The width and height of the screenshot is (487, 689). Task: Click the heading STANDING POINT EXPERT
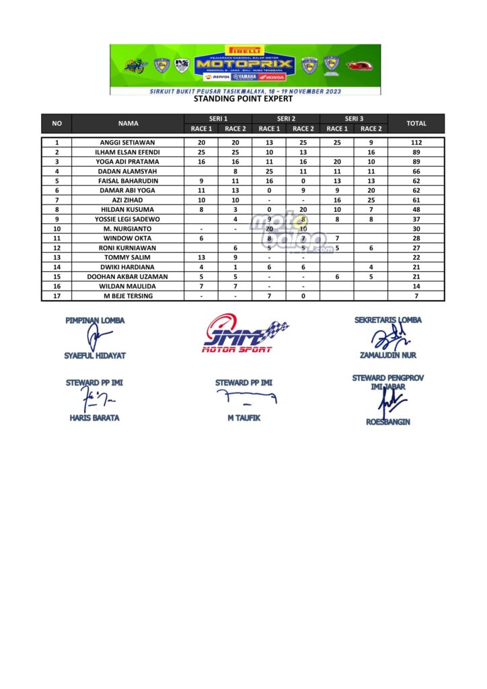point(243,99)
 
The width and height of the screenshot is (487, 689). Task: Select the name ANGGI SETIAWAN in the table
point(128,143)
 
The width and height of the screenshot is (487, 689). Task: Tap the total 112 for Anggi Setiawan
point(416,143)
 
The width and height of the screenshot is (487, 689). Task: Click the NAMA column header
point(128,123)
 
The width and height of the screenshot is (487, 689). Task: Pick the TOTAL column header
point(416,123)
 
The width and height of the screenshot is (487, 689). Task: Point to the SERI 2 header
point(286,118)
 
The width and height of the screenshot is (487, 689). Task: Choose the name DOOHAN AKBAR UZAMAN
point(128,277)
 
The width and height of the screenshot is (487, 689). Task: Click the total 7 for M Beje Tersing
point(416,296)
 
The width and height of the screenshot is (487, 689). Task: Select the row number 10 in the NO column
point(57,229)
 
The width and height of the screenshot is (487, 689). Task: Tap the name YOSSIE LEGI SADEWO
point(128,219)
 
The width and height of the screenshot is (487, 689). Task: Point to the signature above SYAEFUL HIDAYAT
point(95,338)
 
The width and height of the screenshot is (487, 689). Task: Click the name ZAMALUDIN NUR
point(388,355)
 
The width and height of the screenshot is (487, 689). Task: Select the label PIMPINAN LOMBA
point(95,320)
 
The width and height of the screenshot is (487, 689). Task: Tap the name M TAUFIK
point(243,418)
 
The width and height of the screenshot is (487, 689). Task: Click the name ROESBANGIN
point(387,423)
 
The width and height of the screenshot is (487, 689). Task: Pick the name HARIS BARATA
point(95,418)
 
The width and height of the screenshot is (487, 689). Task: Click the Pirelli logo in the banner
point(245,50)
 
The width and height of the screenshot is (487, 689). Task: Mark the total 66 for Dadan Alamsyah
point(416,172)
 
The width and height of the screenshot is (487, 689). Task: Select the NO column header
point(57,123)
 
